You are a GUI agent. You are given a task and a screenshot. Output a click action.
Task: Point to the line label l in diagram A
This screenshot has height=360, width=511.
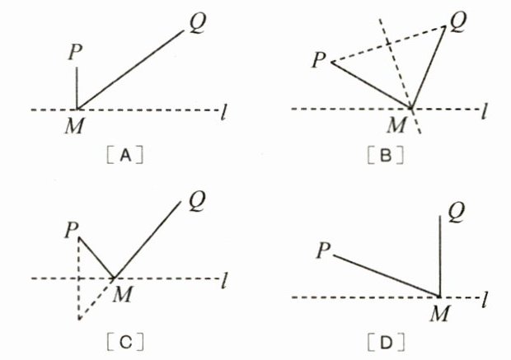pyautogui.click(x=226, y=110)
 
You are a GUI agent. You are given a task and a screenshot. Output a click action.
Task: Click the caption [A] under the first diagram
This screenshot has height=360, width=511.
pyautogui.click(x=127, y=154)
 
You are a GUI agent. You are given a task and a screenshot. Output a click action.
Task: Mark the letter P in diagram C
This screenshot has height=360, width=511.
pyautogui.click(x=71, y=230)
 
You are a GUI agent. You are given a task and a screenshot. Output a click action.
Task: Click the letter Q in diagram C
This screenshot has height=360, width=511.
pyautogui.click(x=197, y=199)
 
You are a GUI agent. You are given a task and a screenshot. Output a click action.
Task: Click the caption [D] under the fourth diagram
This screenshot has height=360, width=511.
pyautogui.click(x=386, y=339)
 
